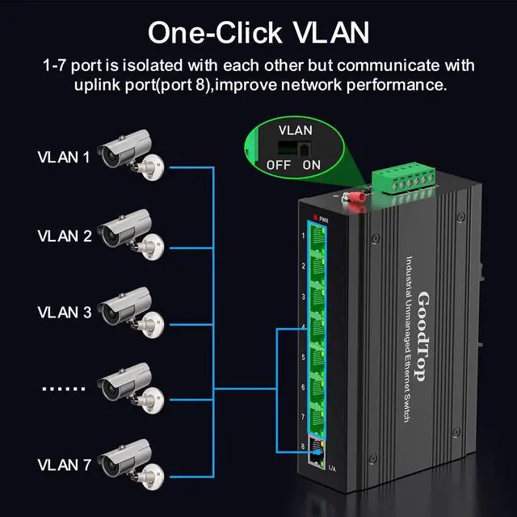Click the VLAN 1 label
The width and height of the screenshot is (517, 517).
64,157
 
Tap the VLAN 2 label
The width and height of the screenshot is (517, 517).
64,236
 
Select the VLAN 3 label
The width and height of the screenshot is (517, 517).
64,311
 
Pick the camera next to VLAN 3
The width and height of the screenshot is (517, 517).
129,309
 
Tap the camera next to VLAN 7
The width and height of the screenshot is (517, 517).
129,463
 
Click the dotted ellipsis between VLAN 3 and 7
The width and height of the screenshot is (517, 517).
63,389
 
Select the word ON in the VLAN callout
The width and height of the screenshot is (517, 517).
312,165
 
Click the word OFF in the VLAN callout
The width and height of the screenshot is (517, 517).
279,165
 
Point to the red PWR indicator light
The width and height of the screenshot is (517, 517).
312,219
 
